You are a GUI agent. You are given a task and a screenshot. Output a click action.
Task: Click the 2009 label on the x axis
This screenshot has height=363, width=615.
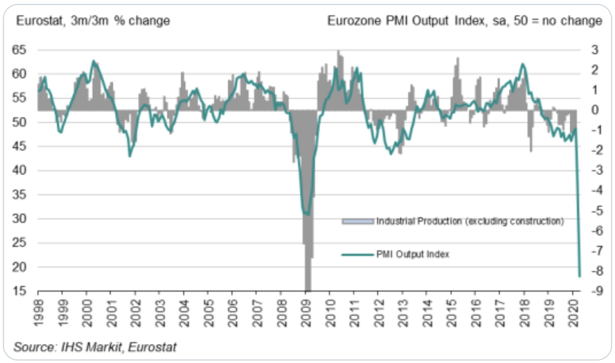[306, 313]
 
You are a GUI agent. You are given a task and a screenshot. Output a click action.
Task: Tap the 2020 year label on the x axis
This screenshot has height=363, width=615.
[573, 313]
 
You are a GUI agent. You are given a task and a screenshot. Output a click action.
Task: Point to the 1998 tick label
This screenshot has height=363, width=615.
[39, 313]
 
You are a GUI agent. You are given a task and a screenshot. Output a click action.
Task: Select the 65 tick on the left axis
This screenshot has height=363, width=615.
[19, 50]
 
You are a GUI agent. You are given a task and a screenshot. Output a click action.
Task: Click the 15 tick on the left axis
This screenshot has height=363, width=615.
[19, 291]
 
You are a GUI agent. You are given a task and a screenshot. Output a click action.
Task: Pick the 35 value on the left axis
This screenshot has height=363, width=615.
[19, 194]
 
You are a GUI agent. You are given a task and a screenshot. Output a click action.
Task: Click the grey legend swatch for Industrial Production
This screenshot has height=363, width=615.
[358, 222]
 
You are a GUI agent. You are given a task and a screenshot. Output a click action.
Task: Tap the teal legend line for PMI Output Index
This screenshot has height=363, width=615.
[358, 255]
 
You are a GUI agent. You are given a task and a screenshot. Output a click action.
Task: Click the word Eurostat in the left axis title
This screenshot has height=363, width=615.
[40, 21]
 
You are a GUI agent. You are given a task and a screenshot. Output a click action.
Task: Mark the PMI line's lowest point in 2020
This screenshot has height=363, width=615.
[580, 276]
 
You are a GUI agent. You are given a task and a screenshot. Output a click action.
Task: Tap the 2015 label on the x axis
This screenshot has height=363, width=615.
[452, 313]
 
